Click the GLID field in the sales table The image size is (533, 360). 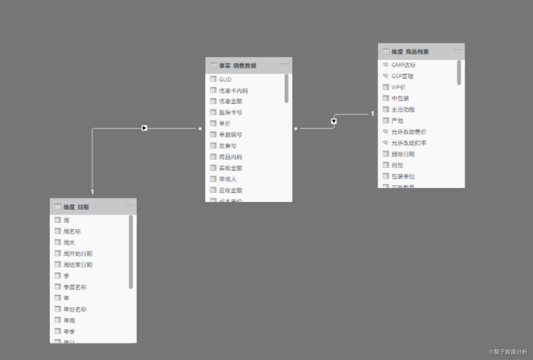point(225,79)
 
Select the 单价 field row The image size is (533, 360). point(225,124)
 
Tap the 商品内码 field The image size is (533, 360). point(230,157)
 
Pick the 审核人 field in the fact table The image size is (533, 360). point(227,179)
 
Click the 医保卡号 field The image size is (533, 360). point(230,113)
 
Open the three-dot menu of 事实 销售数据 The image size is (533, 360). point(285,65)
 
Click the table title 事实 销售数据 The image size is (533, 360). point(238,66)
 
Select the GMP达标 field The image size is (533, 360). point(403,65)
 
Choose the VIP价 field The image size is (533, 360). point(399,87)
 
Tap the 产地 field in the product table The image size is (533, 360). point(398,121)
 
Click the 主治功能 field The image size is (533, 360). point(403,110)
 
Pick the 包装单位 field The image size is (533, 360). point(403,177)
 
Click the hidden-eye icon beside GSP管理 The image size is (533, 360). point(385,76)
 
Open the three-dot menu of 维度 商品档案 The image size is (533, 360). point(458,51)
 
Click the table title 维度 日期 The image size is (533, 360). point(76,207)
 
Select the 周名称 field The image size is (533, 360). point(72,231)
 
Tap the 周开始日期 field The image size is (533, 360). point(77,254)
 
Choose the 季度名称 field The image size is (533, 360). point(75,287)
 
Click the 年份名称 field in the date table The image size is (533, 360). point(75,309)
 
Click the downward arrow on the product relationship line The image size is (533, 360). point(334,121)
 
